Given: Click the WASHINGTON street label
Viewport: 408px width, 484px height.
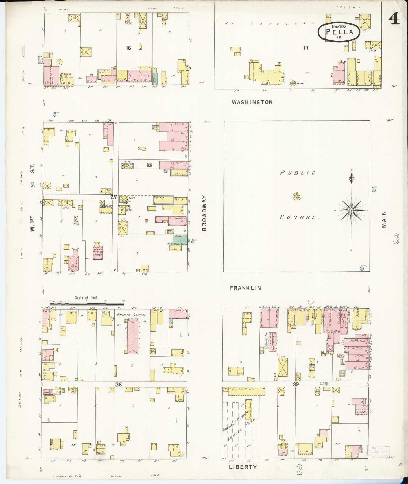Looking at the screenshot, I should click(x=252, y=102).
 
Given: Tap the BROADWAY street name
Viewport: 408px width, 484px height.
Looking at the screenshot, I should click(x=204, y=213).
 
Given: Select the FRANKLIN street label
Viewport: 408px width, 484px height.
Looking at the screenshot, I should click(x=245, y=288).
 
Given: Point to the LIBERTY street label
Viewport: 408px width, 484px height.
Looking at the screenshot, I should click(x=243, y=467).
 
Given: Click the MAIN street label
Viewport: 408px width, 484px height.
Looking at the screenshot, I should click(x=384, y=219).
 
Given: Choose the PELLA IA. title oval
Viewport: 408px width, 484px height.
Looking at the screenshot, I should click(x=339, y=32).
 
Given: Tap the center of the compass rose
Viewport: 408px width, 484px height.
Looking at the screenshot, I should click(x=351, y=210).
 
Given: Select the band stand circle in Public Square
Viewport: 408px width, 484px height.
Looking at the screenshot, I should click(x=297, y=196).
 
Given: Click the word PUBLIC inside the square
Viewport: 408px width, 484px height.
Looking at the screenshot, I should click(x=298, y=173).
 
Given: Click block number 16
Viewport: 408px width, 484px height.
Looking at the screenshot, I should click(x=128, y=48).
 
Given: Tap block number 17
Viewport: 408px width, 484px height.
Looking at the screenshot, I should click(x=306, y=48).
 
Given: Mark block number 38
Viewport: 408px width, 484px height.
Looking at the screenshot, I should click(x=118, y=384).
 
